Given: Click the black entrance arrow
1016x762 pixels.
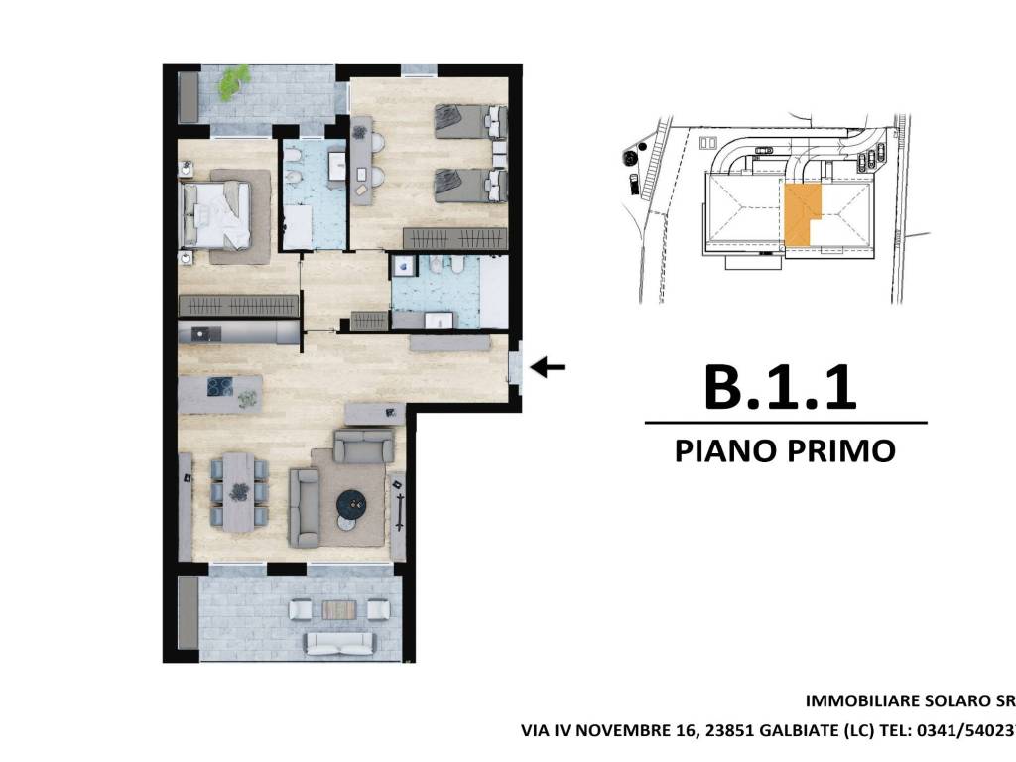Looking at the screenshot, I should (548, 368).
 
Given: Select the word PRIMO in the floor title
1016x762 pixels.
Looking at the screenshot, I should (840, 450).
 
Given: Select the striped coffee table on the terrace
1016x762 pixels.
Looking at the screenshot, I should (337, 609).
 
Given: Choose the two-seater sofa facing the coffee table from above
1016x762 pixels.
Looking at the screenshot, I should (362, 445).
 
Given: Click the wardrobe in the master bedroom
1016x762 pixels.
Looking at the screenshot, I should (238, 306).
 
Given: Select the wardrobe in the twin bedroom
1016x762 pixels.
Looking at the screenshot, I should (454, 239).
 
